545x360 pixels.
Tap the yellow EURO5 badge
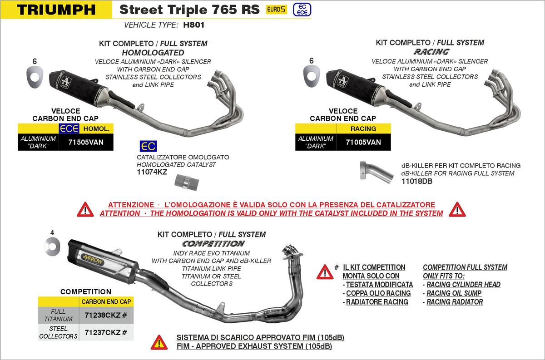click(276, 10)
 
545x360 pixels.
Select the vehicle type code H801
click(193, 25)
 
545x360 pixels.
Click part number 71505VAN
click(86, 142)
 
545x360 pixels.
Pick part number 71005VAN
click(363, 142)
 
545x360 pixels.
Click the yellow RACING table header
click(363, 128)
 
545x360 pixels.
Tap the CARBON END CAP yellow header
click(106, 301)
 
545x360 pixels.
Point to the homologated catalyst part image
click(187, 182)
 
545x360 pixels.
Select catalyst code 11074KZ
click(152, 173)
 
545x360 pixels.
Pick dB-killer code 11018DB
click(417, 181)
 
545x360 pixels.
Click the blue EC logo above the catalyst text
click(148, 146)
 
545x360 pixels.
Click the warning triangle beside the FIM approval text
click(159, 342)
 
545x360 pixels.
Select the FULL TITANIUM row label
click(58, 315)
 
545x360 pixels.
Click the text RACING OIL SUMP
click(454, 293)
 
